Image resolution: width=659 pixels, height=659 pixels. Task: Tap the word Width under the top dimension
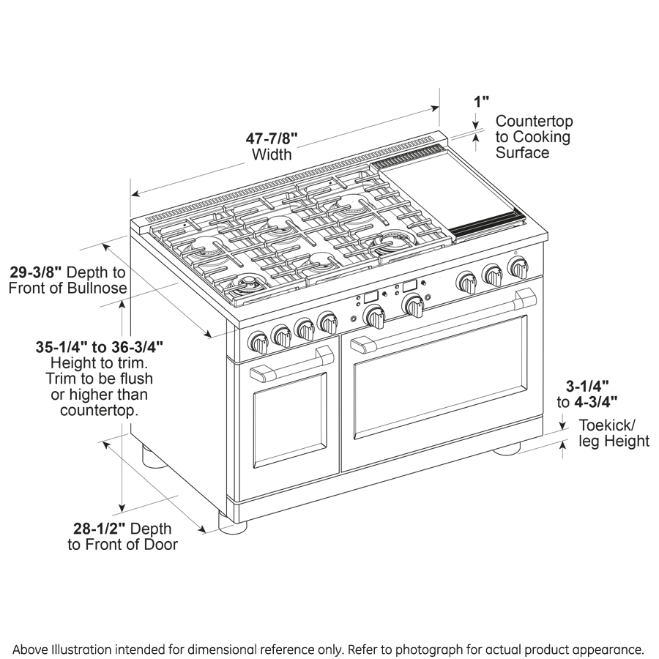coord(272,154)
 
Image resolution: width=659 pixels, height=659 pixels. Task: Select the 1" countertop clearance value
coord(481,101)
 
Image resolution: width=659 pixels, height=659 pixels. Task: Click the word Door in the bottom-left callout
coord(161,545)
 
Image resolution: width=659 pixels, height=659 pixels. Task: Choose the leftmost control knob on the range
coord(258,342)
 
